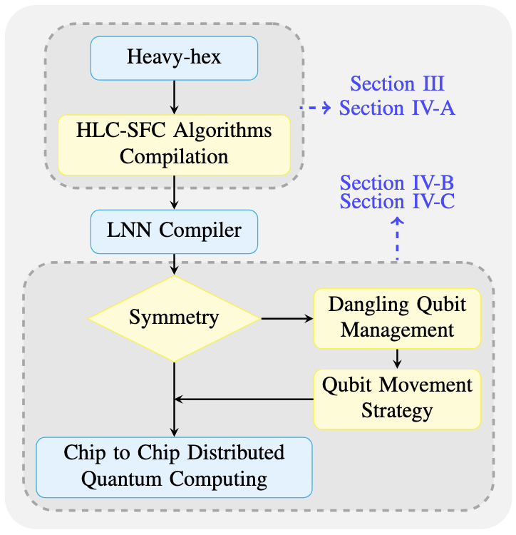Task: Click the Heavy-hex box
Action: [174, 58]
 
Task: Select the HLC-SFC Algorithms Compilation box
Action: [174, 144]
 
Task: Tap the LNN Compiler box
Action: [174, 230]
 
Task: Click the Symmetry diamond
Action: [174, 318]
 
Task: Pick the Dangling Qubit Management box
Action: [397, 317]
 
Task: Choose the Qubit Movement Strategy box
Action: [397, 399]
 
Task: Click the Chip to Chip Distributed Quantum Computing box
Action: [174, 467]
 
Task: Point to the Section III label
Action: [397, 83]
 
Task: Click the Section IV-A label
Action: [397, 108]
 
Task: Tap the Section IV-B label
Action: [397, 183]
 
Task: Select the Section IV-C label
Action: [397, 202]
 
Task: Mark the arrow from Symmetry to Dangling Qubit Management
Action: [287, 318]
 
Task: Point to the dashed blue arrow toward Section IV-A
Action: [316, 108]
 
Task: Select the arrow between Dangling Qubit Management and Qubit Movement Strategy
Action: [397, 357]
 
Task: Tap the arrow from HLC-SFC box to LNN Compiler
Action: [174, 192]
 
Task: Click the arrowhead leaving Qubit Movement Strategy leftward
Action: [180, 399]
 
